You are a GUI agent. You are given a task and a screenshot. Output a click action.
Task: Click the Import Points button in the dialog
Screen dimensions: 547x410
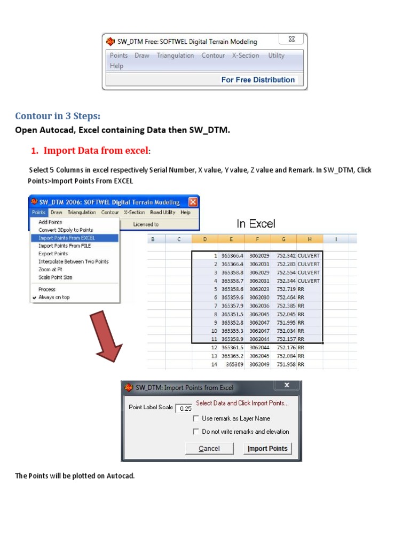[x=267, y=449]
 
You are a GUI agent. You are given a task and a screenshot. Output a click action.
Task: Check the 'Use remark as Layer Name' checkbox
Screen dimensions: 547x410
[x=196, y=419]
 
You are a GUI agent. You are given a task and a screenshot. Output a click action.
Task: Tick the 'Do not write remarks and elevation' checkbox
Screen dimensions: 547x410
[x=196, y=432]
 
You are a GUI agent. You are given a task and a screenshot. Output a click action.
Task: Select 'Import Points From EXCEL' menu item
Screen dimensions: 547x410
[x=67, y=238]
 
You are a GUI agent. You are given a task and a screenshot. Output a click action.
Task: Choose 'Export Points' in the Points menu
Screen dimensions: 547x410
[x=53, y=254]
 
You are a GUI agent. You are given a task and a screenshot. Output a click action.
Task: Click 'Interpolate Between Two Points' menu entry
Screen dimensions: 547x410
[x=73, y=262]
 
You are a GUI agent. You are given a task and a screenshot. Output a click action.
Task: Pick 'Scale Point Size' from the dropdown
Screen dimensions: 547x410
[x=55, y=277]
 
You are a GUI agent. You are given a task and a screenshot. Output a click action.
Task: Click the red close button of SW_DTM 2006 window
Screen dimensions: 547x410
[x=193, y=202]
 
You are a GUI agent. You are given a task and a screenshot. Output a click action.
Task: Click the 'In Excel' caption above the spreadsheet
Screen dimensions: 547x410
[x=256, y=224]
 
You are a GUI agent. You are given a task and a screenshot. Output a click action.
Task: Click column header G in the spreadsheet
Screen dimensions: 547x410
[x=283, y=239]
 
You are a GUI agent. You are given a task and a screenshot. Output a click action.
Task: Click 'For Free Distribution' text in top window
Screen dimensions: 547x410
[x=258, y=80]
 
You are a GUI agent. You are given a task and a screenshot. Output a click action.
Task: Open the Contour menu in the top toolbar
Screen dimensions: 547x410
[x=213, y=56]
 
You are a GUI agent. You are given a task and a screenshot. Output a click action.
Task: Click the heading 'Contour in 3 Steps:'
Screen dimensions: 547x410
[x=58, y=116]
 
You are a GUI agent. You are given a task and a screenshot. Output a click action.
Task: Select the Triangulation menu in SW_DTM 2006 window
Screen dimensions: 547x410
[x=82, y=213]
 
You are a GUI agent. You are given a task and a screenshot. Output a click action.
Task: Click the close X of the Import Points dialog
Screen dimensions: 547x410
[x=287, y=386]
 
